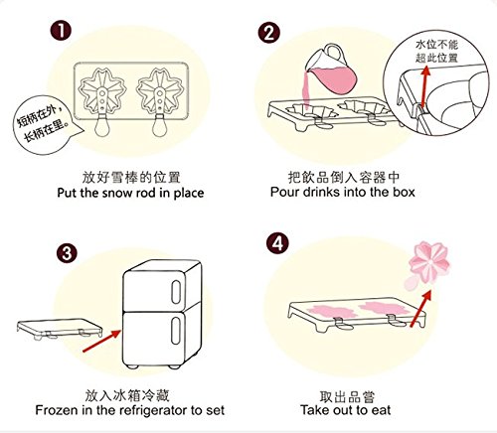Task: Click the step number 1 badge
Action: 61,31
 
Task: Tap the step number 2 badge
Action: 269,33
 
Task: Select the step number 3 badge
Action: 67,254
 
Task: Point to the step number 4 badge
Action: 277,244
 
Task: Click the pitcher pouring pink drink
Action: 331,72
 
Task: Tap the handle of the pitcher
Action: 335,54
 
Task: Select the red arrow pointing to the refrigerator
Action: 101,341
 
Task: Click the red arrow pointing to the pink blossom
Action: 421,308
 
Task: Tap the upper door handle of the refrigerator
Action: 176,292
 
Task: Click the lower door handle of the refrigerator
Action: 176,331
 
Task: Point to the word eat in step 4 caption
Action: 381,410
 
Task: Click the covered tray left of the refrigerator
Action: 60,329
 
